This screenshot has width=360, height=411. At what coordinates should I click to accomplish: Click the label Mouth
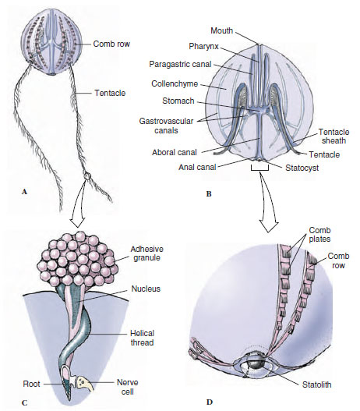222,30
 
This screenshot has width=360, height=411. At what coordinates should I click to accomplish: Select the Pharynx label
203,47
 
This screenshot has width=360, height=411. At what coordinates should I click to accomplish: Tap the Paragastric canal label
181,64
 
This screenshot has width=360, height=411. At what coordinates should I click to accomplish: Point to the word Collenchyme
175,84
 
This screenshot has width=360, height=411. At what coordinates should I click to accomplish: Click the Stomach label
178,101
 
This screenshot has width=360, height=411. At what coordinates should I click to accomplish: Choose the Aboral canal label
175,152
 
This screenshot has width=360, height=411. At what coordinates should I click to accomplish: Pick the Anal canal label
197,167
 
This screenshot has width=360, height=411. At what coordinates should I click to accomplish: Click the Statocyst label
302,168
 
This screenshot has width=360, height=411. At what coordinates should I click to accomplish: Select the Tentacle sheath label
334,136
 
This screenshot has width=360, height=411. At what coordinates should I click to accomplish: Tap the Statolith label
317,384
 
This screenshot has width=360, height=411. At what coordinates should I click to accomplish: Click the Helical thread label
142,338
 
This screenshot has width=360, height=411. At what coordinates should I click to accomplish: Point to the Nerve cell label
128,387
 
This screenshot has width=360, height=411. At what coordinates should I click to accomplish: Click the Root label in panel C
31,384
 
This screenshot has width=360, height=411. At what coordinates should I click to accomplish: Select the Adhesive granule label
146,253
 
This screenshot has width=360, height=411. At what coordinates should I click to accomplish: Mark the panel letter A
25,192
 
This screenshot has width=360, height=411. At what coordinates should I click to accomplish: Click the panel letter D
209,402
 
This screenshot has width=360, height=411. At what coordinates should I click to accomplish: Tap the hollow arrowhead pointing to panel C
77,222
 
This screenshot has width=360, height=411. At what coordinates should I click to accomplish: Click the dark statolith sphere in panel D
255,364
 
